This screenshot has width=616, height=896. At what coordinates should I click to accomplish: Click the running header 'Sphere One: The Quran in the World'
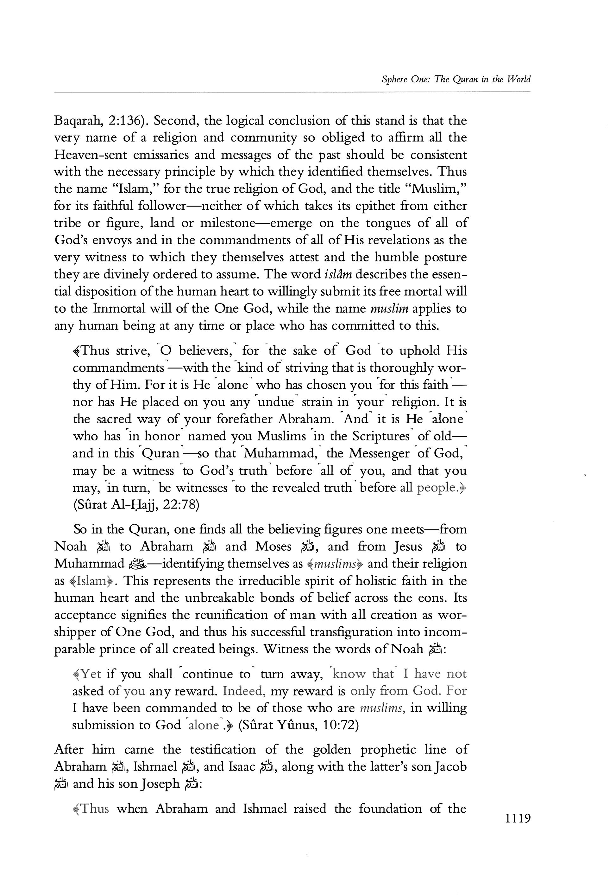[456, 79]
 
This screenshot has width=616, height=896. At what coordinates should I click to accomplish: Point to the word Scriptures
[380, 436]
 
